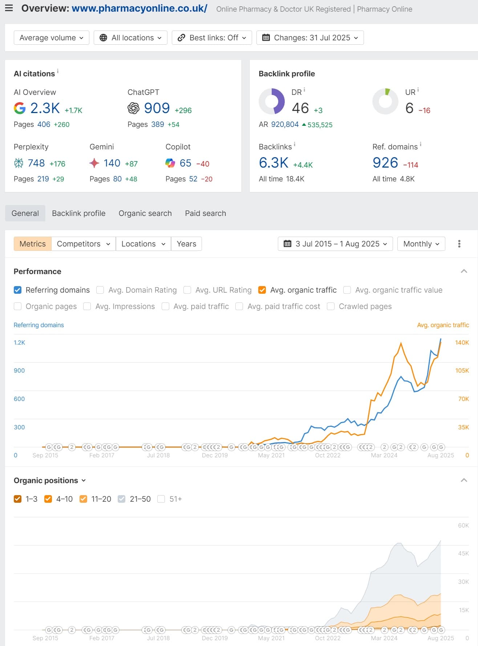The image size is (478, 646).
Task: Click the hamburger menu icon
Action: click(9, 8)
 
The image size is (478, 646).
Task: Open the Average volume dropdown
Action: click(51, 38)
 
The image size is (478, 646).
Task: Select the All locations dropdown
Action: click(130, 38)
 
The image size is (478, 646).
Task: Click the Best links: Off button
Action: click(212, 38)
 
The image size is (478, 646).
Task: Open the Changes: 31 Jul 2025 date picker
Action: click(310, 38)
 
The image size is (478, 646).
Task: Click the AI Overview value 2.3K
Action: click(45, 108)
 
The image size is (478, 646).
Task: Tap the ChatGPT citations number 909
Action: click(157, 108)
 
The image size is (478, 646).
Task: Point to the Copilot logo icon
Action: click(170, 163)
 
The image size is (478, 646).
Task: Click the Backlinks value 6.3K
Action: click(274, 163)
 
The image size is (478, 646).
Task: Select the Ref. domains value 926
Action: click(385, 163)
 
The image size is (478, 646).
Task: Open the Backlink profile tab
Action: click(78, 213)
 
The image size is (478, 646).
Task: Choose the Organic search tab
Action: click(145, 213)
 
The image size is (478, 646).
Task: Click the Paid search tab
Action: click(205, 213)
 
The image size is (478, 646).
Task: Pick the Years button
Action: click(186, 244)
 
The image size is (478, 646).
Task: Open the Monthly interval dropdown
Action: click(421, 244)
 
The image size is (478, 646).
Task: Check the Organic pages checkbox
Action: click(17, 306)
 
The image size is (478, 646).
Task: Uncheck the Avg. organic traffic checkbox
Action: click(262, 290)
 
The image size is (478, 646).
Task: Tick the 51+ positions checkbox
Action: click(161, 499)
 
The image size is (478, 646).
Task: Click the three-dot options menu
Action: click(459, 244)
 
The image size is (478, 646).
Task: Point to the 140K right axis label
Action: click(462, 342)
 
